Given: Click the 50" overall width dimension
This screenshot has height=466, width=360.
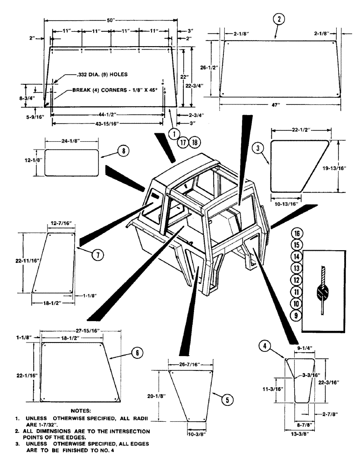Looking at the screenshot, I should pos(111,20).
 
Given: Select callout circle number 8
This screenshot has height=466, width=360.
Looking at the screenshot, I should pos(123,151).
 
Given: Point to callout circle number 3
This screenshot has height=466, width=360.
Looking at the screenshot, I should pos(261,149).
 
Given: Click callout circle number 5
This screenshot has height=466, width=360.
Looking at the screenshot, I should pos(227,399).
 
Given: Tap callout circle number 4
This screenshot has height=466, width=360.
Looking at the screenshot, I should pos(264,346).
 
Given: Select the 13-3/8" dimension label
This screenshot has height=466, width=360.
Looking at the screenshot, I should pos(298,438).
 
